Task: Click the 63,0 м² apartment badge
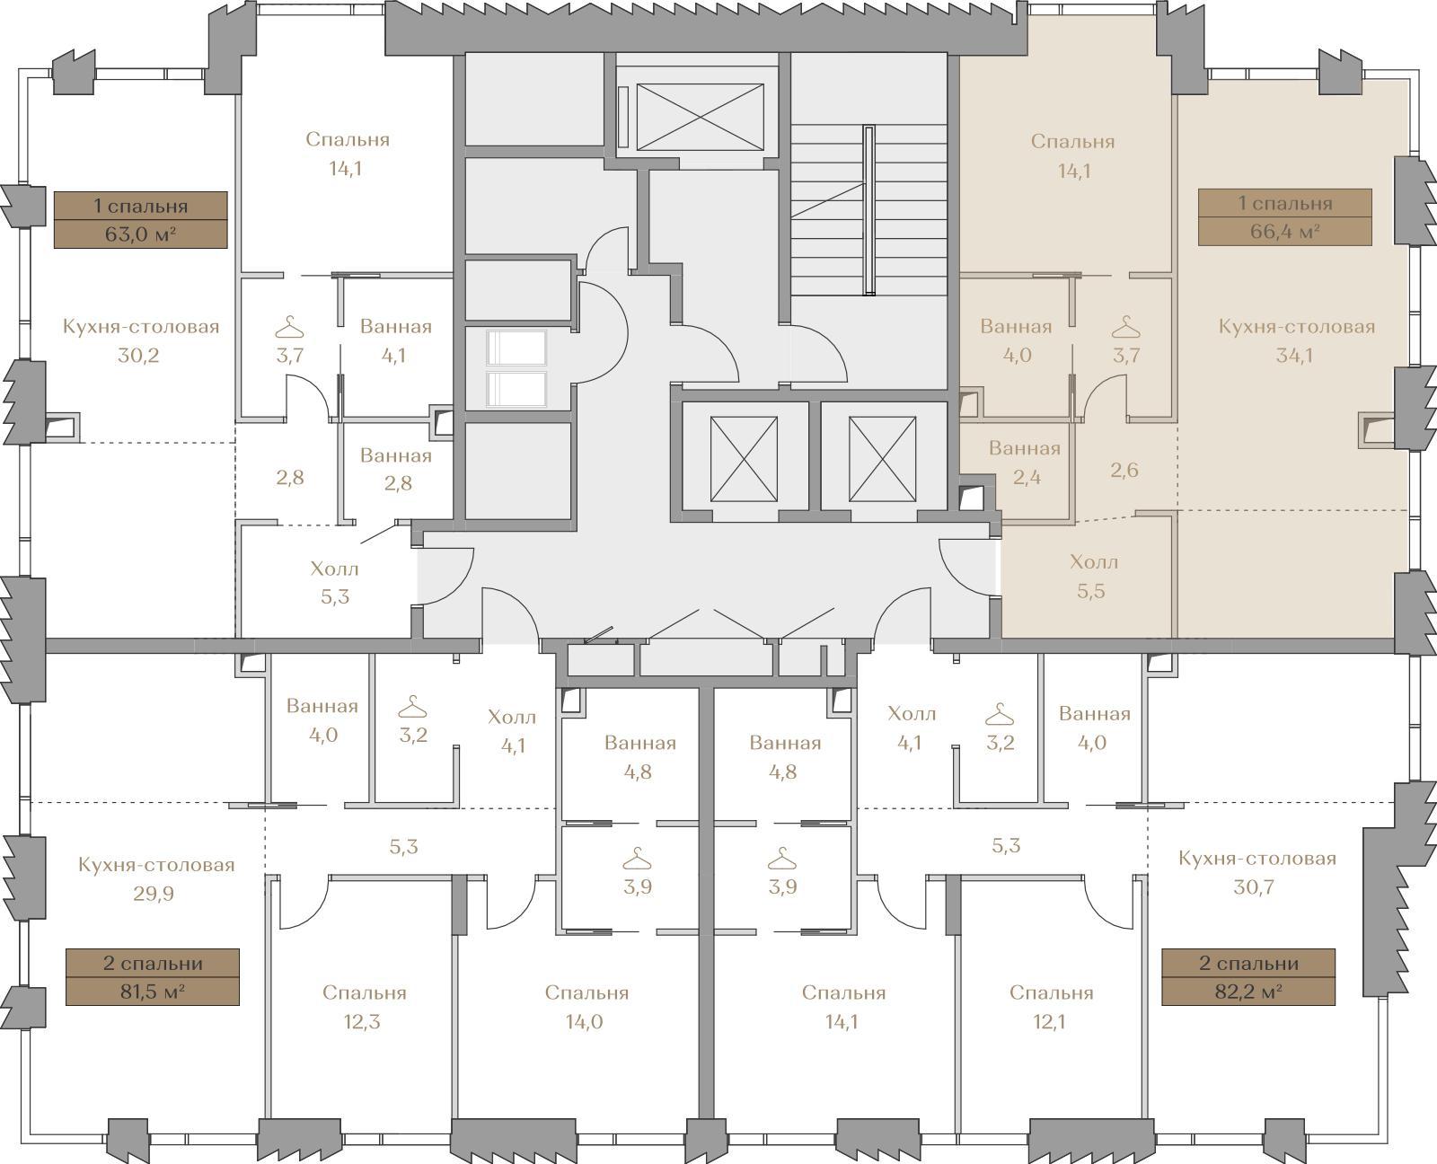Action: tap(140, 220)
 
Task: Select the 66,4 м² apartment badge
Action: tap(1284, 217)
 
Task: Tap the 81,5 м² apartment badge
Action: tap(153, 977)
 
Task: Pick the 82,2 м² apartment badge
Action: tap(1248, 977)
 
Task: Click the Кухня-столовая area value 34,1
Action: tap(1294, 356)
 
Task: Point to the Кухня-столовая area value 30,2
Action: tap(138, 356)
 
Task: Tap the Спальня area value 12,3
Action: tap(362, 1022)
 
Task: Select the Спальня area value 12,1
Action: tap(1049, 1022)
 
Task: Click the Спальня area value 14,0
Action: tap(585, 1022)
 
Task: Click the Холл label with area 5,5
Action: tap(1094, 562)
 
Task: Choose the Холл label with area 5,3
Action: tap(335, 569)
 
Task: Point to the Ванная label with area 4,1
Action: tap(395, 327)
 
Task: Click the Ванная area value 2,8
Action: tap(398, 484)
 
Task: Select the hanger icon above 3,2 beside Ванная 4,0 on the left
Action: tap(413, 707)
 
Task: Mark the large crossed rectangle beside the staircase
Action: tap(701, 117)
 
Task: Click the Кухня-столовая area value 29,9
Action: tap(154, 894)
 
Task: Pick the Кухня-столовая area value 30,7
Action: tap(1254, 887)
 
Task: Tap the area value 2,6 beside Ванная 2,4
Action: tap(1124, 471)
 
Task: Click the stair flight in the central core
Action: tap(869, 210)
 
